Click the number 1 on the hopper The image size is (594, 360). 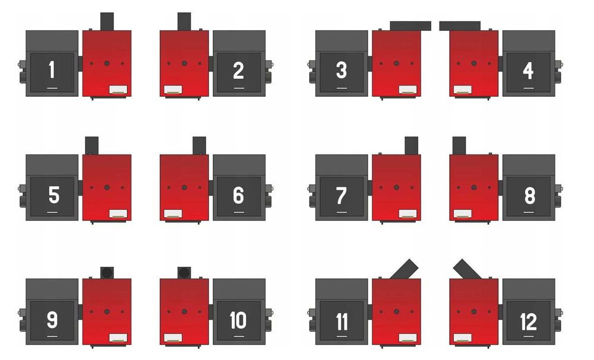coord(52,71)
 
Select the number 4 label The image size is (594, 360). coord(528,71)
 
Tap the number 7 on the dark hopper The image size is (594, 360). coord(341,195)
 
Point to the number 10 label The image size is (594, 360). coord(238,320)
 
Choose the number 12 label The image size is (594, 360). coord(528,321)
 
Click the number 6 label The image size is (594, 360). coord(238,195)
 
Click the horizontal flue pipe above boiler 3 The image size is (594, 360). coord(410,26)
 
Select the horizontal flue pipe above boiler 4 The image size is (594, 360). coord(460,26)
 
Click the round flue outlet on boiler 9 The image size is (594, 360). coord(108,272)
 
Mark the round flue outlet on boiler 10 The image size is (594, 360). coord(184,272)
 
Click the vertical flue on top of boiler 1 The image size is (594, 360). coord(107,21)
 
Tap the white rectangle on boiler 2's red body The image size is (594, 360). coord(172,89)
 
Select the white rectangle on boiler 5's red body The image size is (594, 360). coord(118,213)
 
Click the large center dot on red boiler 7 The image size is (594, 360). coord(397,187)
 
